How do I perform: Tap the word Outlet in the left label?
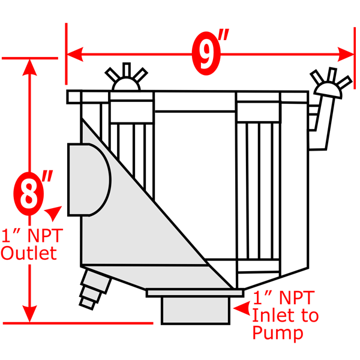[x=29, y=253]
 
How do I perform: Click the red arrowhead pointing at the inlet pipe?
[x=242, y=309]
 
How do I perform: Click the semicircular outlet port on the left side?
[x=89, y=179]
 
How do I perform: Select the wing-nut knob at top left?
[x=126, y=80]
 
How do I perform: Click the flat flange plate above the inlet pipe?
[x=195, y=292]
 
